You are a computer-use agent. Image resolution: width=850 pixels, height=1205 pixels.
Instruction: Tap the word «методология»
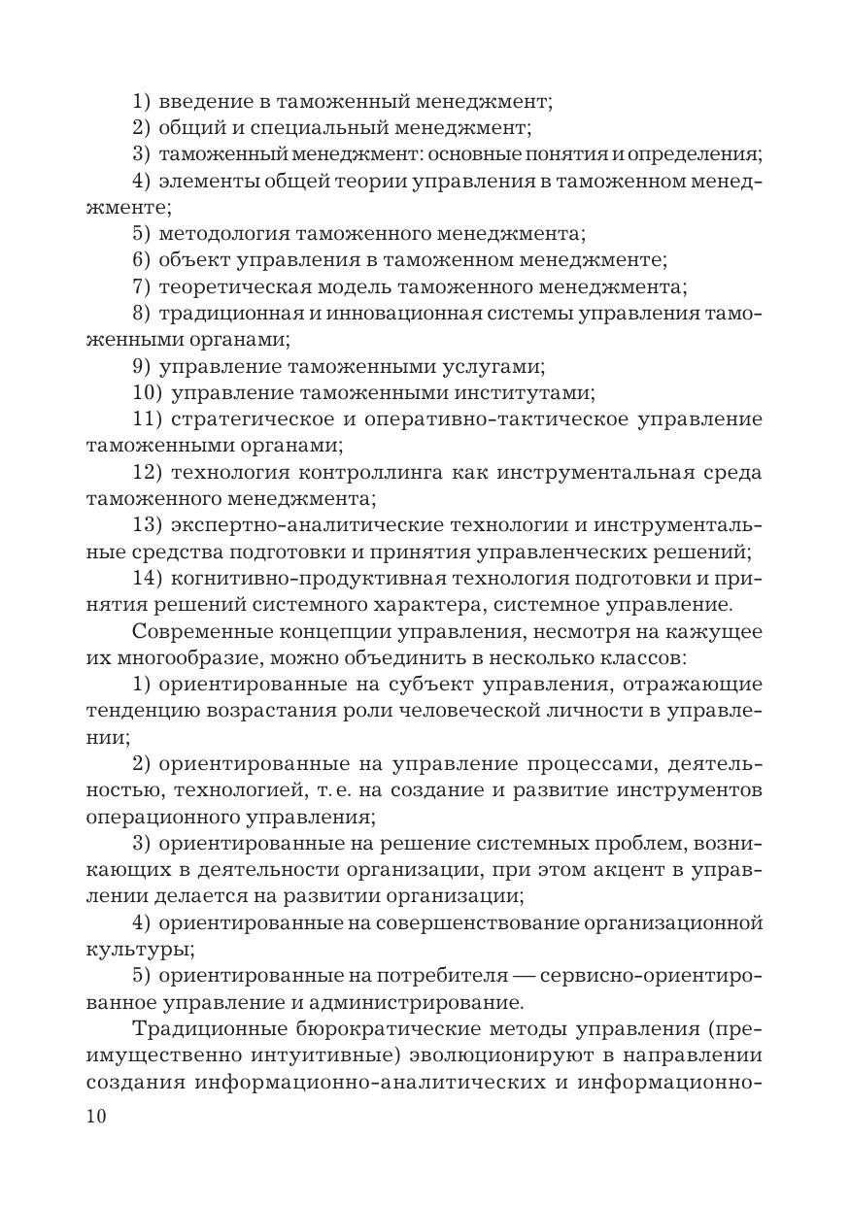pos(220,233)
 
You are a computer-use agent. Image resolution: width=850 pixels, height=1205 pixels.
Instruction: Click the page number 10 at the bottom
pos(96,1117)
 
